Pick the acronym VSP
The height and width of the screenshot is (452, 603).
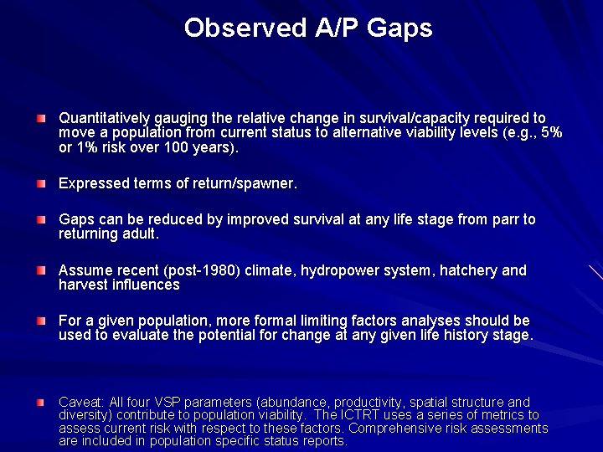(162, 402)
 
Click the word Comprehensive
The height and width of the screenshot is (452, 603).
(399, 428)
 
